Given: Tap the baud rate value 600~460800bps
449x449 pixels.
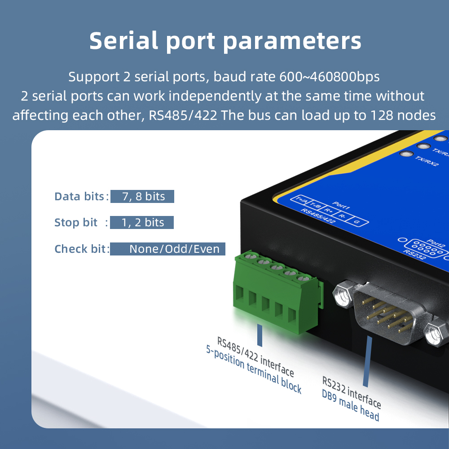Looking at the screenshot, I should coord(330,77).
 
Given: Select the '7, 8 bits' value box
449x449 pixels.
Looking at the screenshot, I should coord(142,196).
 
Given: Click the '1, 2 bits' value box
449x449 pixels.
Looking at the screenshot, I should coord(142,222).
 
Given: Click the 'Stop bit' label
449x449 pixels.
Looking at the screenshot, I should coord(76,223).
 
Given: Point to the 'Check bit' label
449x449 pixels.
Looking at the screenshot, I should coord(81,249).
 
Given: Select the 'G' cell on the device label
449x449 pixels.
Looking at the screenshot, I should coord(357,222).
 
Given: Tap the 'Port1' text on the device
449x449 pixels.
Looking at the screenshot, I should coord(342,206).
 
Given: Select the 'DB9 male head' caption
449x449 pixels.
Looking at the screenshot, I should coord(350,406).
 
